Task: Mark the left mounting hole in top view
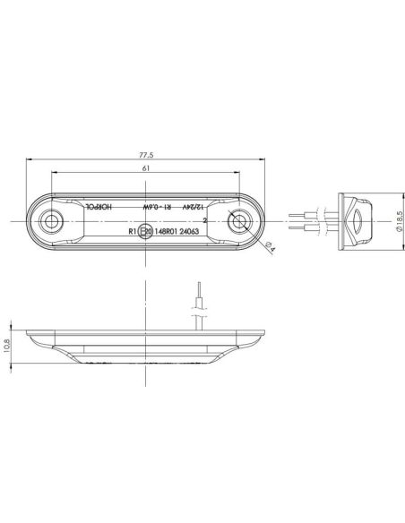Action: (53, 219)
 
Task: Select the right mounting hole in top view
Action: (239, 219)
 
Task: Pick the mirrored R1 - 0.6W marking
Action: (159, 206)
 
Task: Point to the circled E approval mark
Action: (143, 230)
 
